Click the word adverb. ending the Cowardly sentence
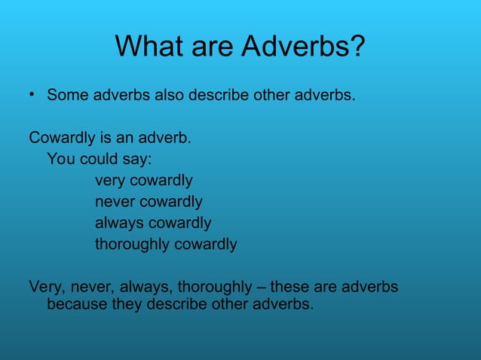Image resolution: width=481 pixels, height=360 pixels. [x=167, y=139]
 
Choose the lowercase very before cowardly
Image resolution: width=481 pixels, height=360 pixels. [x=110, y=181]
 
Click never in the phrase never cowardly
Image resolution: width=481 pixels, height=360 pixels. [x=115, y=202]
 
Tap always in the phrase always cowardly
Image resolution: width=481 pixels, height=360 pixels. [x=118, y=223]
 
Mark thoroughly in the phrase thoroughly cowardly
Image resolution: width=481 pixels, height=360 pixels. [x=132, y=245]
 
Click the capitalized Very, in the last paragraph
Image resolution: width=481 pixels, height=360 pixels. [x=47, y=287]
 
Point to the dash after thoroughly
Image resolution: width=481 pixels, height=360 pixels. [x=261, y=287]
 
